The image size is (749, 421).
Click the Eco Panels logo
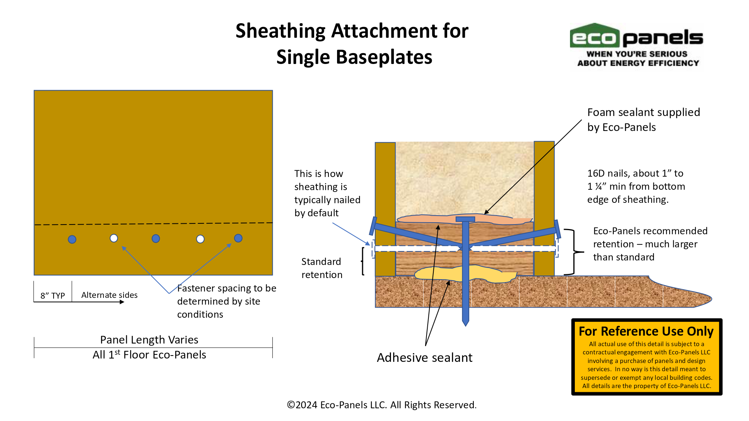click(636, 45)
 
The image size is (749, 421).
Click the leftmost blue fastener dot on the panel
click(72, 240)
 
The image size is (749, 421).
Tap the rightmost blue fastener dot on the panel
click(238, 238)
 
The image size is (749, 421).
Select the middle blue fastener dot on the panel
click(156, 238)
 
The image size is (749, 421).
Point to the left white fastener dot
click(114, 238)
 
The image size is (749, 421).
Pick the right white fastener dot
click(200, 239)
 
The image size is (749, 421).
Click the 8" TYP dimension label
click(53, 296)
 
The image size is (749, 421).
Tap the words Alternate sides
click(109, 295)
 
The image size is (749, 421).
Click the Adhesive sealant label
click(425, 358)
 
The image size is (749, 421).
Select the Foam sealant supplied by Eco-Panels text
click(643, 120)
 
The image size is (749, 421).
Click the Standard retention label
click(322, 268)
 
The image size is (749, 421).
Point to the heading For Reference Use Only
click(646, 331)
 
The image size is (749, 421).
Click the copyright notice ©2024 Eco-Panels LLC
click(382, 405)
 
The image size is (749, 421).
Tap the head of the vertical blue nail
click(465, 219)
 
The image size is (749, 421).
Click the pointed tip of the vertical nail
click(466, 326)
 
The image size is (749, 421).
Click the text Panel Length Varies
click(149, 340)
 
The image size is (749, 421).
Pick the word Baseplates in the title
click(384, 57)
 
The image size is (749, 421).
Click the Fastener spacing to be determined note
click(227, 301)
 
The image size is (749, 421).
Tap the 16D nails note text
click(636, 186)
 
